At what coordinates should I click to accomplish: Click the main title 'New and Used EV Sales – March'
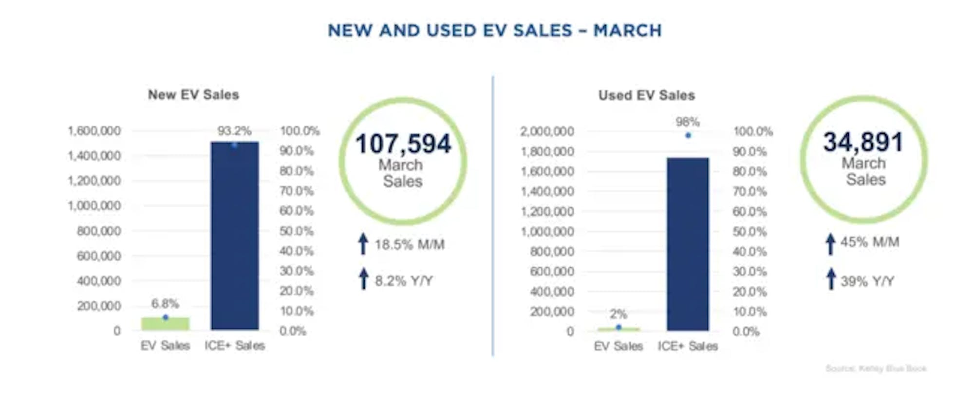[494, 31]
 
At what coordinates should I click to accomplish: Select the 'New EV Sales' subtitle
[193, 94]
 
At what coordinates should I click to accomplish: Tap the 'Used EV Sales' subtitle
[646, 95]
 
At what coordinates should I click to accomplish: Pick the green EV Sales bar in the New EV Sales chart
[165, 324]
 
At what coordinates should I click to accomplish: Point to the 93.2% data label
[234, 131]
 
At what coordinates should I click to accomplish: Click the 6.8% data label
[165, 304]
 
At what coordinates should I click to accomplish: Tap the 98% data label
[688, 122]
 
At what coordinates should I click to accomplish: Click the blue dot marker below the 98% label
[688, 135]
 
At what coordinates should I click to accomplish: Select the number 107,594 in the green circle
[403, 144]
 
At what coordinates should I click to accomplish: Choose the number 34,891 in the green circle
[863, 142]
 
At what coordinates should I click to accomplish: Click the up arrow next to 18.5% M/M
[363, 244]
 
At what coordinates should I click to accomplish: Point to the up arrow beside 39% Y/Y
[831, 279]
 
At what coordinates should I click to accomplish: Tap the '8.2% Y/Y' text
[404, 281]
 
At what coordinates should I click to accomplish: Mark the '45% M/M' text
[870, 242]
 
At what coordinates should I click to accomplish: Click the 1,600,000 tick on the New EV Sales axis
[94, 131]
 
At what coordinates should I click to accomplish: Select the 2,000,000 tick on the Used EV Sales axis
[547, 131]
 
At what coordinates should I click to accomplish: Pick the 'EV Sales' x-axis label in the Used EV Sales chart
[618, 346]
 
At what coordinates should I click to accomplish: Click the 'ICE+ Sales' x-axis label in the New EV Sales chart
[234, 346]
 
